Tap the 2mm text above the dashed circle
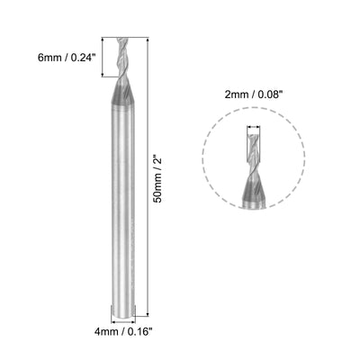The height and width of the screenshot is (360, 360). [x=236, y=94]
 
